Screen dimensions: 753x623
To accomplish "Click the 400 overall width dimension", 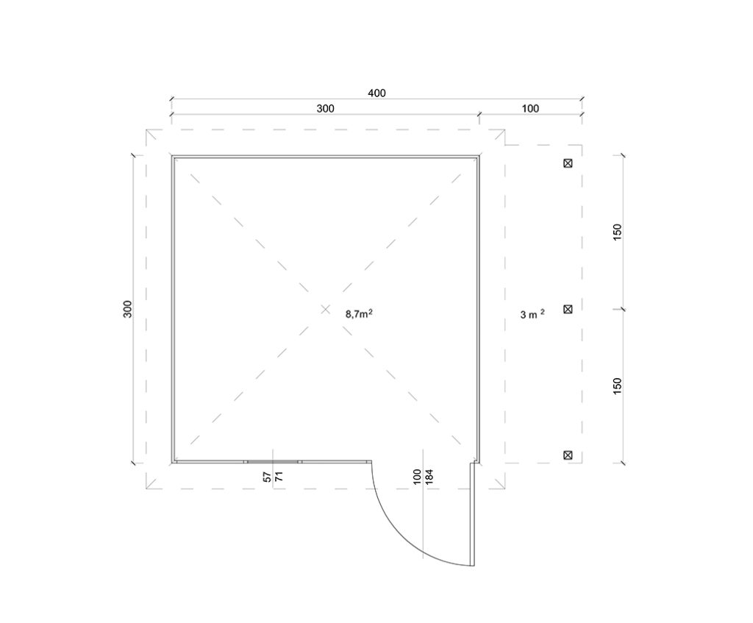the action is pos(376,93).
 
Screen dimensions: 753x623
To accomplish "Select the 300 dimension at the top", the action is pos(325,109).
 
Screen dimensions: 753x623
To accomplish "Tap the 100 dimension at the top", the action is pos(530,109).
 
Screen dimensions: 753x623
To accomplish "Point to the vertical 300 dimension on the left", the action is pos(127,309).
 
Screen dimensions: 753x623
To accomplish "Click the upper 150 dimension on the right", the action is pos(618,232).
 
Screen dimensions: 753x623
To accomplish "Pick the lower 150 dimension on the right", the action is pos(618,386).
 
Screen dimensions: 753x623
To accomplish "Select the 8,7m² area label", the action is pos(359,314).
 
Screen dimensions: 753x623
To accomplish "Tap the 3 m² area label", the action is pos(532,315).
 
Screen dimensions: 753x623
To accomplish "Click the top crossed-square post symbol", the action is pos(568,163).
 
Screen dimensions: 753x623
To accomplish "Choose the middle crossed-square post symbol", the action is pos(568,309).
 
